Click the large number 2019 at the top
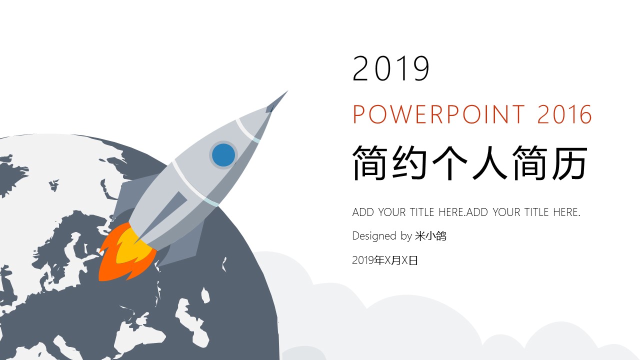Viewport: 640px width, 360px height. click(x=391, y=68)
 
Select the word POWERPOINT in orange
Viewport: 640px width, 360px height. click(x=439, y=114)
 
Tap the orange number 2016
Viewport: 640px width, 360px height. click(x=564, y=114)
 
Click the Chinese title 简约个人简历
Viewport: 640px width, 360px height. click(x=470, y=162)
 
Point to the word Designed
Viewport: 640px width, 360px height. click(x=374, y=236)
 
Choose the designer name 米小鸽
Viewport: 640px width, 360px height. click(x=430, y=236)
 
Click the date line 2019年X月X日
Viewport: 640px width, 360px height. click(x=385, y=260)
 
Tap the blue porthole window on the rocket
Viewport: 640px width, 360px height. click(x=223, y=155)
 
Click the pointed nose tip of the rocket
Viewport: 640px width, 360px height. click(x=287, y=91)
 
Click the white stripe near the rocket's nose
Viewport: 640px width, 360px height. click(x=247, y=130)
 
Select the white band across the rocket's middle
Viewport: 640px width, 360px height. click(x=195, y=183)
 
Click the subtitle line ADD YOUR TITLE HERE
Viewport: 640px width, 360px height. click(x=466, y=212)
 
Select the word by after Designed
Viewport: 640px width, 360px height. click(x=406, y=236)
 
